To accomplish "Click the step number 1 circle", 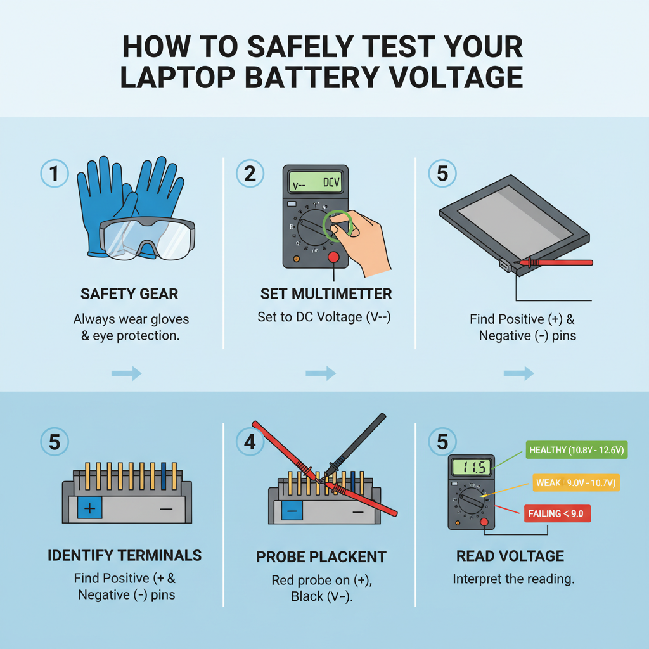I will [55, 174].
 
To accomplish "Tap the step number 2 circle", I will [250, 174].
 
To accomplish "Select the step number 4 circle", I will [250, 441].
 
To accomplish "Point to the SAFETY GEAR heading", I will [129, 293].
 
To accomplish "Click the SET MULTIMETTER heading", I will [326, 293].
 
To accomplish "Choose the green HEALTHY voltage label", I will [576, 450].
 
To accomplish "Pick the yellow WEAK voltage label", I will [576, 483].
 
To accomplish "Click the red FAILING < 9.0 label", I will [558, 513].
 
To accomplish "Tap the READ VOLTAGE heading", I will [510, 556].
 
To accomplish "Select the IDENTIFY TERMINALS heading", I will [124, 556].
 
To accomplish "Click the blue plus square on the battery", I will [89, 508].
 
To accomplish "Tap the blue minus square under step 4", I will [292, 510].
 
